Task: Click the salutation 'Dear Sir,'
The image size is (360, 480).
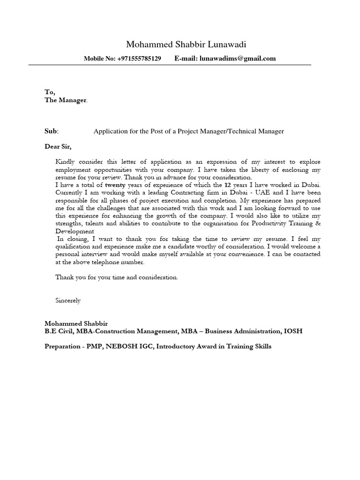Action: pos(59,146)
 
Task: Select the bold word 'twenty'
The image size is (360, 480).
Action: pos(115,185)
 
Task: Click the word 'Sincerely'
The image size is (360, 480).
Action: pos(68,300)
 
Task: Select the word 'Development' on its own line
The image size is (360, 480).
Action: pos(75,231)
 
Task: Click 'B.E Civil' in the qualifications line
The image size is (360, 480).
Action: pos(59,331)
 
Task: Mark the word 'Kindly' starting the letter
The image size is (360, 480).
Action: pos(65,162)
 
